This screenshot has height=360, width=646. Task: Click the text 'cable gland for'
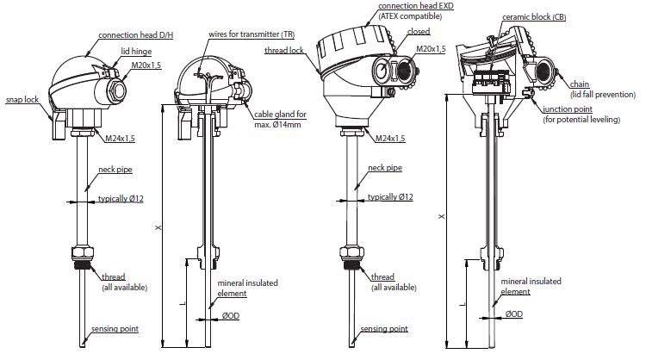coord(278,115)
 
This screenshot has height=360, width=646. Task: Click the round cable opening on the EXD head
coord(380,71)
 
